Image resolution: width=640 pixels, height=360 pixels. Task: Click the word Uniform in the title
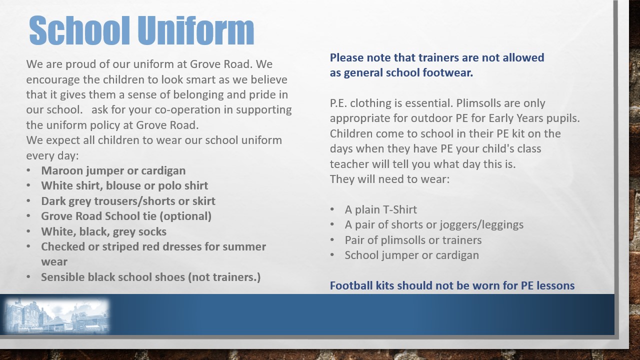(196, 30)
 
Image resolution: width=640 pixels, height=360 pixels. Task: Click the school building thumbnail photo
(57, 316)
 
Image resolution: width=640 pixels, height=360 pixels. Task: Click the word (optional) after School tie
(185, 216)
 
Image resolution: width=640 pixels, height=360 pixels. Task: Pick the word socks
(152, 231)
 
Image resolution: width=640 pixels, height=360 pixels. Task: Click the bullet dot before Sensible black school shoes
(28, 277)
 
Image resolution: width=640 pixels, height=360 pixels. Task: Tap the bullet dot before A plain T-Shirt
(332, 209)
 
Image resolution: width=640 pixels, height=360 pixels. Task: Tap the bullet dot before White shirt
(28, 185)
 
